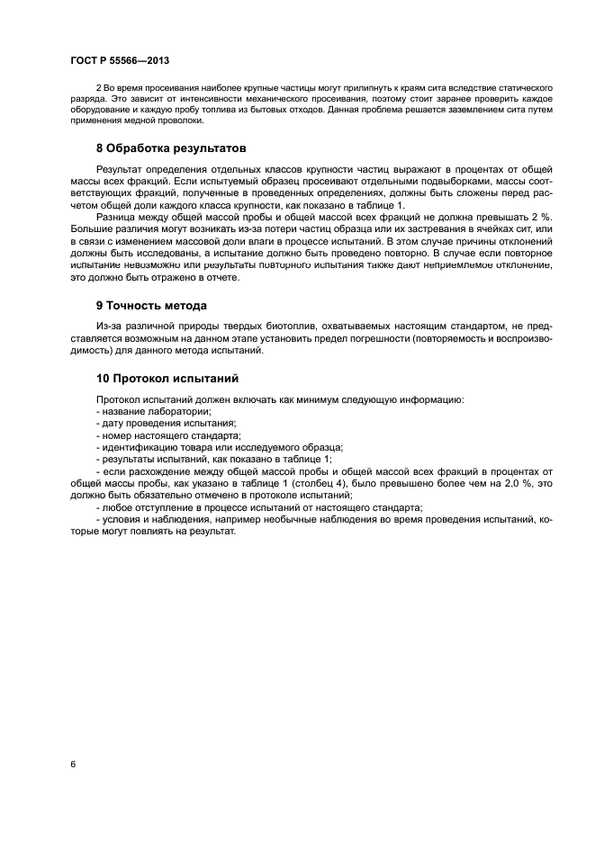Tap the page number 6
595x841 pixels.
pos(72,764)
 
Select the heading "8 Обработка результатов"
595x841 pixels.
pos(171,148)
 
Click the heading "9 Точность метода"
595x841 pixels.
pos(151,305)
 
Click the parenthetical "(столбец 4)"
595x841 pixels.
pos(278,482)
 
